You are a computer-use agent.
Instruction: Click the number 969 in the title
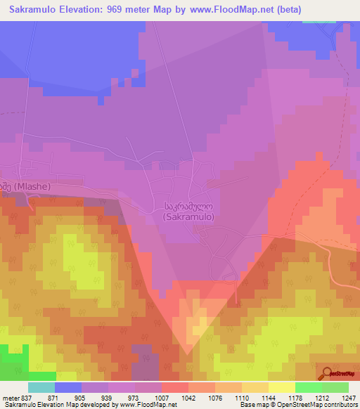click(x=143, y=11)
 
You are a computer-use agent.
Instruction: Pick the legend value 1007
click(x=164, y=397)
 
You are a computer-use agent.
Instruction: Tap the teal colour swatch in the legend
click(x=41, y=387)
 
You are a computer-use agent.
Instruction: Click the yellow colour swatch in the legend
click(x=282, y=387)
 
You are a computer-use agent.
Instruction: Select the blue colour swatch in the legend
click(x=68, y=387)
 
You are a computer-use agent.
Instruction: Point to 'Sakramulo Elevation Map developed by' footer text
click(x=43, y=405)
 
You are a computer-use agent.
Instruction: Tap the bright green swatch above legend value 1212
click(x=309, y=387)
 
